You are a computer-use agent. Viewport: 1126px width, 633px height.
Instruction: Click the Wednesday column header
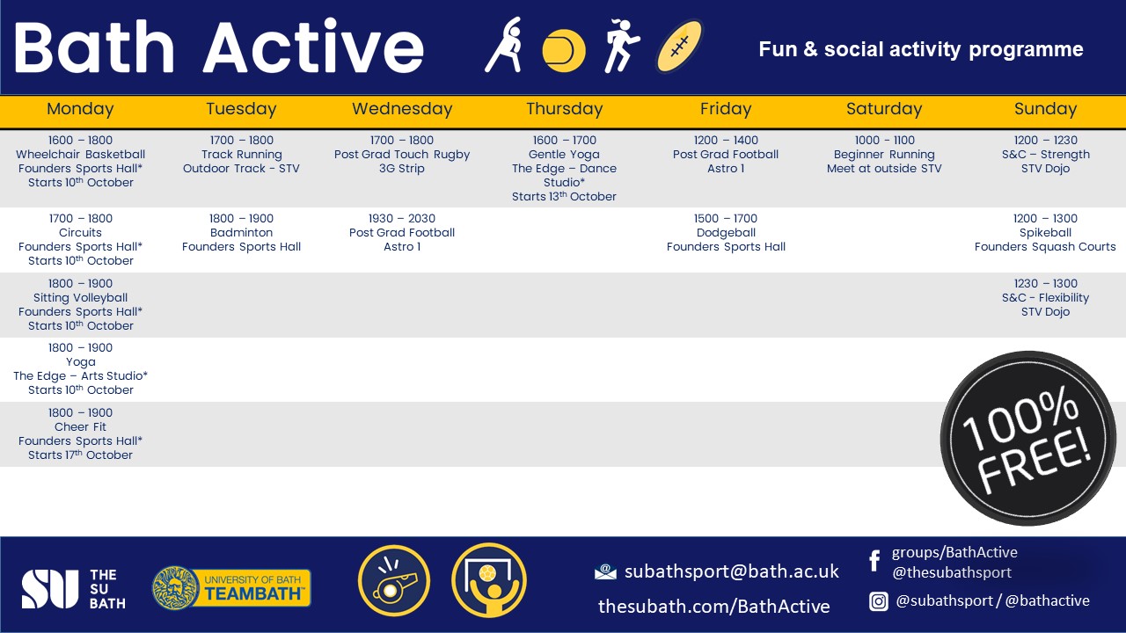click(x=402, y=109)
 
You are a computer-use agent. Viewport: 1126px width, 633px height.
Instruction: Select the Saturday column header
click(x=884, y=109)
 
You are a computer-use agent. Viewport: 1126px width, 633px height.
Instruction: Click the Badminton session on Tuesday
click(x=241, y=233)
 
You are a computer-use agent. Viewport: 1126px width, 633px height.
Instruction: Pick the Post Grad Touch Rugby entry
click(x=402, y=155)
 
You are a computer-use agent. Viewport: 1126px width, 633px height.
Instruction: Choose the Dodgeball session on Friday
click(x=726, y=233)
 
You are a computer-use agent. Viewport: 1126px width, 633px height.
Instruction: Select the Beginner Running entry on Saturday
click(x=884, y=155)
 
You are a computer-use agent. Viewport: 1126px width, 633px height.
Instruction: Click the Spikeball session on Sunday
click(x=1045, y=233)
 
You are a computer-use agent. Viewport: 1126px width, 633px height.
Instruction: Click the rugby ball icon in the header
click(x=680, y=47)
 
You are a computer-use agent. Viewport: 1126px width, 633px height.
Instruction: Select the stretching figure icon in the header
click(x=505, y=46)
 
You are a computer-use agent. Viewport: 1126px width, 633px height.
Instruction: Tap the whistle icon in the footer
click(x=393, y=581)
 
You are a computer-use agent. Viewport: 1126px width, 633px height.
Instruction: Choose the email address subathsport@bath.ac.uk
click(x=731, y=571)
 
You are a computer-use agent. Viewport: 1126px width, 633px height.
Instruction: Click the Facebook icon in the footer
click(x=874, y=561)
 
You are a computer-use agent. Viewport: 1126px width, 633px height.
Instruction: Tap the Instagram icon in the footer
click(x=878, y=601)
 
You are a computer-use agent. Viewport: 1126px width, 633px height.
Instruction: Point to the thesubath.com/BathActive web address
click(x=713, y=606)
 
